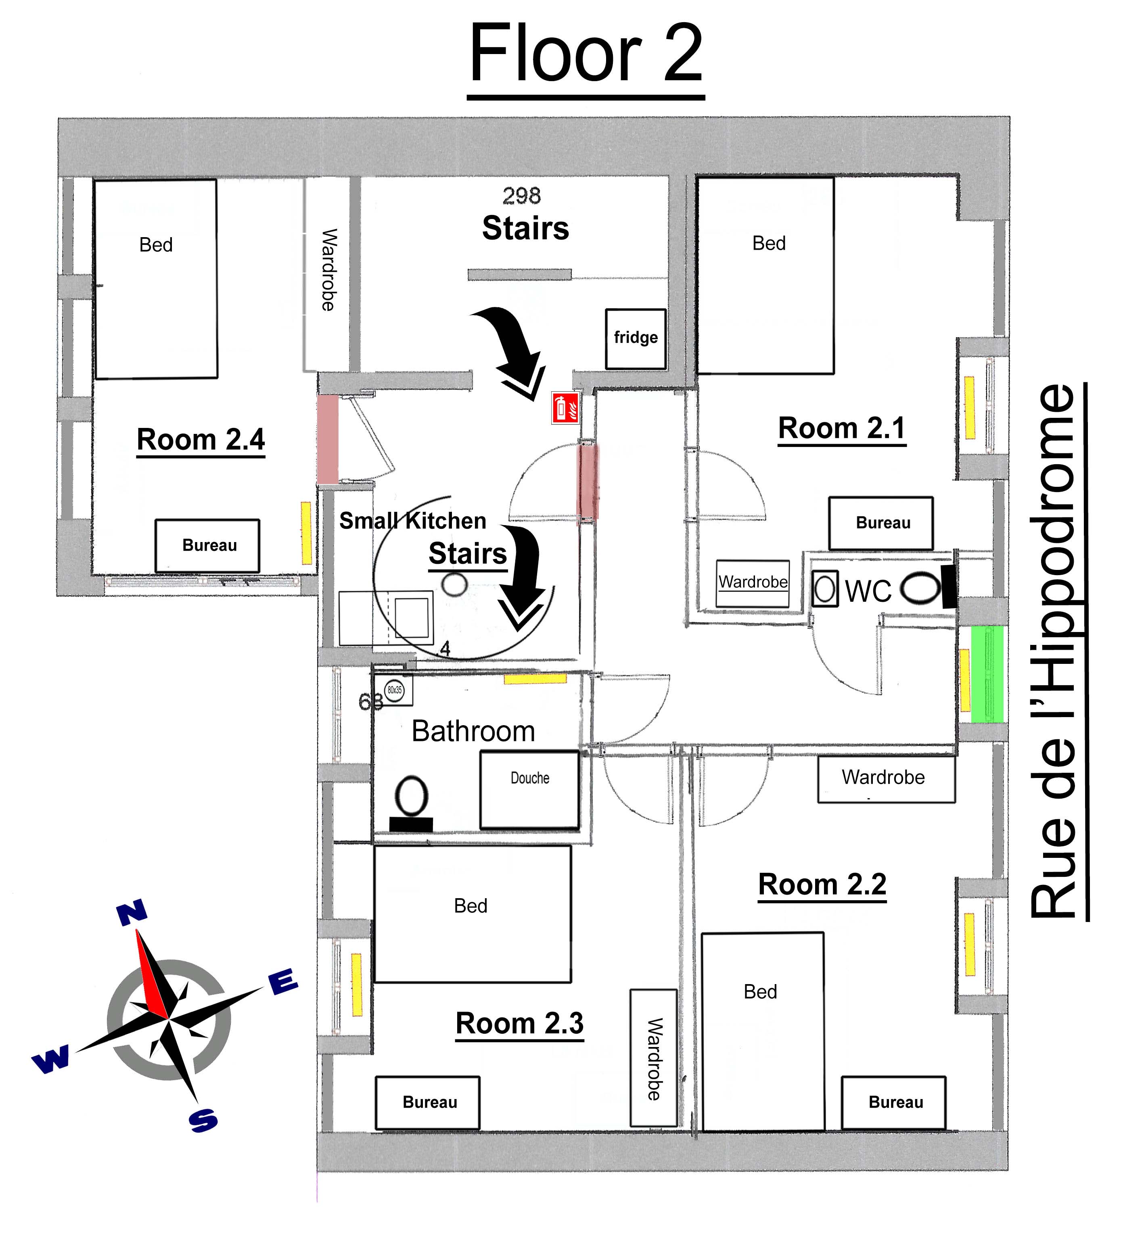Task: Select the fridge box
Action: click(636, 338)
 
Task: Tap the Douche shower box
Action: click(529, 790)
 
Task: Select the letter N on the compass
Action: click(132, 914)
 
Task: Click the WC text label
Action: click(868, 591)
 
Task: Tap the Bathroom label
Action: click(473, 731)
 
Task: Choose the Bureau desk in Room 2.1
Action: click(880, 523)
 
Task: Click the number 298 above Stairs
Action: click(521, 196)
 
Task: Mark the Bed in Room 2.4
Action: click(156, 279)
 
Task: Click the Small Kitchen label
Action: click(412, 521)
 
